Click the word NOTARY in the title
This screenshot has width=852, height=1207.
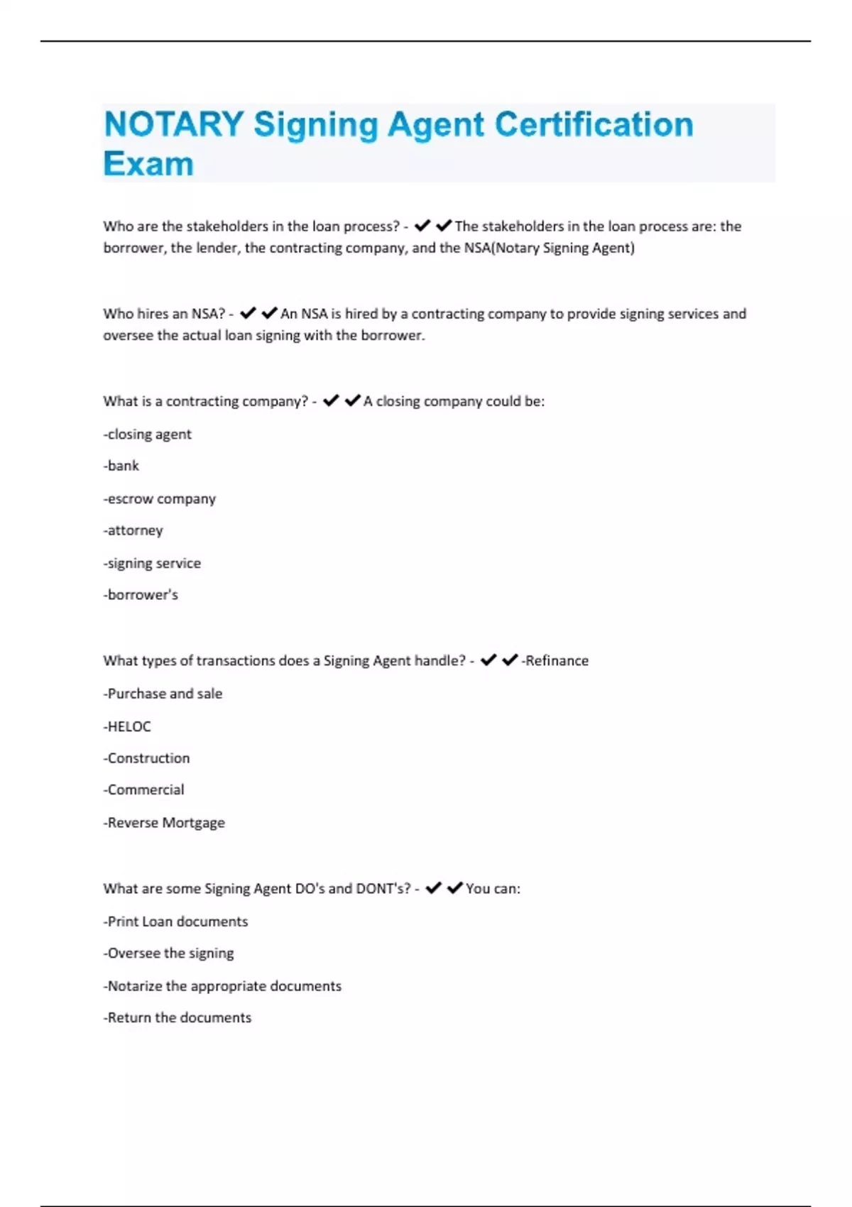pyautogui.click(x=174, y=125)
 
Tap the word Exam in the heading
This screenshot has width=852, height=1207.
pyautogui.click(x=148, y=164)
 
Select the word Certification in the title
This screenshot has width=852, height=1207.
pyautogui.click(x=594, y=125)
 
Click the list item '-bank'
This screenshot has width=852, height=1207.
pyautogui.click(x=121, y=466)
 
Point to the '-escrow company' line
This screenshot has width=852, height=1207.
pyautogui.click(x=160, y=498)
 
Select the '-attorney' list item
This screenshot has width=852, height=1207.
pyautogui.click(x=133, y=530)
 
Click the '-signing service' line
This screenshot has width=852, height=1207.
pyautogui.click(x=152, y=563)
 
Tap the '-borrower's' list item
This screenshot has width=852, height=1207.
pyautogui.click(x=141, y=595)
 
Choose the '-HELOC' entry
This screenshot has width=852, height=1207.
pyautogui.click(x=127, y=726)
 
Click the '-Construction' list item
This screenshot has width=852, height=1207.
pyautogui.click(x=147, y=758)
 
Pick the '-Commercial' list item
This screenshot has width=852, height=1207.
pyautogui.click(x=144, y=790)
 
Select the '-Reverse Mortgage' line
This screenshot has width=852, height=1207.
pyautogui.click(x=164, y=822)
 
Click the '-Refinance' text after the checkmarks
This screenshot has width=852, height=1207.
pyautogui.click(x=555, y=660)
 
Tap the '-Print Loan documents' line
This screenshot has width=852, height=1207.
pyautogui.click(x=176, y=922)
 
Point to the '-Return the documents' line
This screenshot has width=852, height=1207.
pyautogui.click(x=177, y=1017)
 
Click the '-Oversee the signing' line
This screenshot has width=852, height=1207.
pyautogui.click(x=169, y=953)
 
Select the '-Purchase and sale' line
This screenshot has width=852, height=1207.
pyautogui.click(x=163, y=694)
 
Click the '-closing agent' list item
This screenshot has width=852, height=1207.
pyautogui.click(x=148, y=434)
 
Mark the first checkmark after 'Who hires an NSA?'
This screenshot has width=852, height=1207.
pyautogui.click(x=248, y=313)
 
